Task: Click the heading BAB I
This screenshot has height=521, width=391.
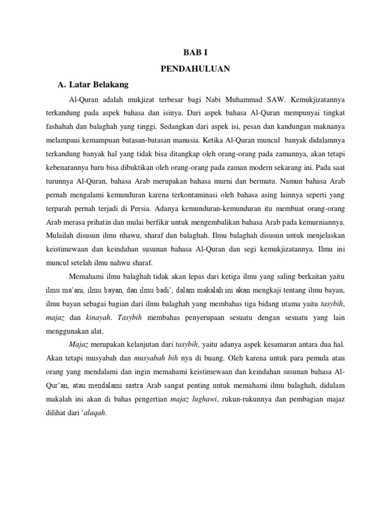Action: click(195, 52)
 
